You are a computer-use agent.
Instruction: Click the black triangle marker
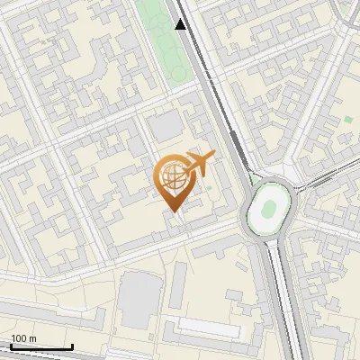(x=181, y=24)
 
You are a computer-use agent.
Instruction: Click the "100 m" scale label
(x=23, y=338)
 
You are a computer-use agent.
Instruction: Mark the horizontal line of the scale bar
(x=41, y=346)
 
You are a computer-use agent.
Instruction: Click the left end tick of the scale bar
(x=11, y=346)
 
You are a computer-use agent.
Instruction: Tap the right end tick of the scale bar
(x=72, y=346)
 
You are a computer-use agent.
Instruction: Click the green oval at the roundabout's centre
(x=268, y=209)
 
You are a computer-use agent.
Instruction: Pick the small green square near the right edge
(x=347, y=120)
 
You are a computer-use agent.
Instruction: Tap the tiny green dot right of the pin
(x=210, y=188)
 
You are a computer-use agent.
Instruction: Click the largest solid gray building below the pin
(x=139, y=300)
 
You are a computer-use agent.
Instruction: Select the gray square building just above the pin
(x=165, y=127)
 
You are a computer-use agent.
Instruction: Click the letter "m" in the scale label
(x=32, y=338)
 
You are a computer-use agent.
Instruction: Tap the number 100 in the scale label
(x=19, y=338)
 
